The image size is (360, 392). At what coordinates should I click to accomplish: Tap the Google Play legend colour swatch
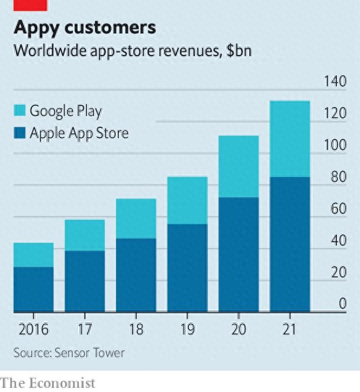[x=20, y=111]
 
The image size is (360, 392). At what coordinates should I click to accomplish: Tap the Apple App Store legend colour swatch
[x=20, y=133]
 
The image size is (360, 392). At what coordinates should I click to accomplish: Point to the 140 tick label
[x=335, y=82]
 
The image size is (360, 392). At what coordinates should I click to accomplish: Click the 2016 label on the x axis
[x=33, y=329]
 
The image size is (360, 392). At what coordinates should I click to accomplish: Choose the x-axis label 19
[x=188, y=329]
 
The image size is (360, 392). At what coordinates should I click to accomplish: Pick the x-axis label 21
[x=290, y=329]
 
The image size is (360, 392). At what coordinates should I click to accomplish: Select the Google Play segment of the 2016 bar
[x=34, y=255]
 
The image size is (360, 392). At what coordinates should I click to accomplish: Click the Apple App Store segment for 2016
[x=34, y=289]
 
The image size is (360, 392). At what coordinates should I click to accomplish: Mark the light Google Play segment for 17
[x=85, y=236]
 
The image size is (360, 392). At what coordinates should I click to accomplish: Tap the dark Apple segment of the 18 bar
[x=136, y=275]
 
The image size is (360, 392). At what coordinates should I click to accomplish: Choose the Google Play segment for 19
[x=187, y=200]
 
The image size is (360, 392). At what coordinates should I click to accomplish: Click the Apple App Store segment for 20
[x=239, y=254]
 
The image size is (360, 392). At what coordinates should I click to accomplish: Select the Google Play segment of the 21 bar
[x=290, y=139]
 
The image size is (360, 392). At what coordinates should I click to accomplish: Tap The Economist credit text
[x=47, y=383]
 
